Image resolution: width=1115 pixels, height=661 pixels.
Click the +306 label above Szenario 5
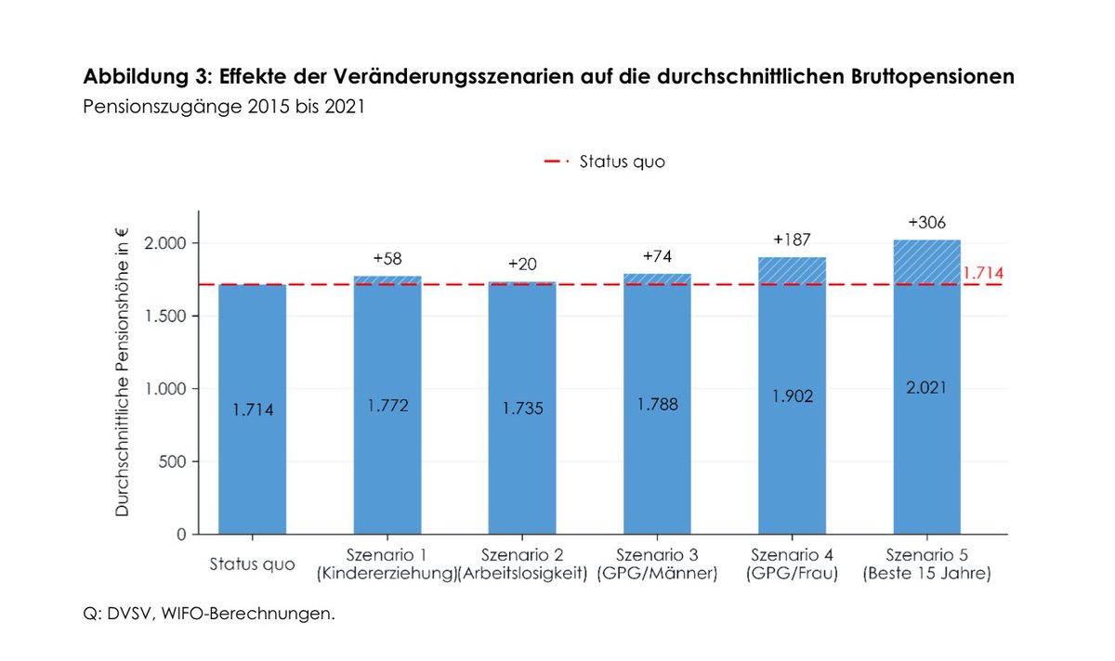[926, 223]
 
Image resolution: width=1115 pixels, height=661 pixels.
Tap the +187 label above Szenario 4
[792, 240]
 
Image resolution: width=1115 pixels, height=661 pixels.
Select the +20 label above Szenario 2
[522, 265]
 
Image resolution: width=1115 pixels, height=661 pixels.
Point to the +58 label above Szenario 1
[387, 258]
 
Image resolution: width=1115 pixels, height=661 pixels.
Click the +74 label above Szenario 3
[657, 256]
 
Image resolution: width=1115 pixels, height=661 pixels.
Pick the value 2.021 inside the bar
[926, 387]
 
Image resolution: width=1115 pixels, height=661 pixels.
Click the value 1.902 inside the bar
[792, 395]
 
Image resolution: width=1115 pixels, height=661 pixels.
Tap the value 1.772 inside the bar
[387, 406]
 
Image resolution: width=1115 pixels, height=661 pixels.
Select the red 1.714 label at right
[982, 274]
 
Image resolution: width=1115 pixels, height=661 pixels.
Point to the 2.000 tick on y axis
[167, 243]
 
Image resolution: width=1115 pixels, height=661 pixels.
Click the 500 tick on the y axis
[175, 461]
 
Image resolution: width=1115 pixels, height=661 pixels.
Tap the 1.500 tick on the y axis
[167, 316]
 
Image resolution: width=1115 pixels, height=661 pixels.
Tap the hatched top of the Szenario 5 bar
[926, 262]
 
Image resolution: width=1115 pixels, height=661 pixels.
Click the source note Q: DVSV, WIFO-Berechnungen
[209, 614]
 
